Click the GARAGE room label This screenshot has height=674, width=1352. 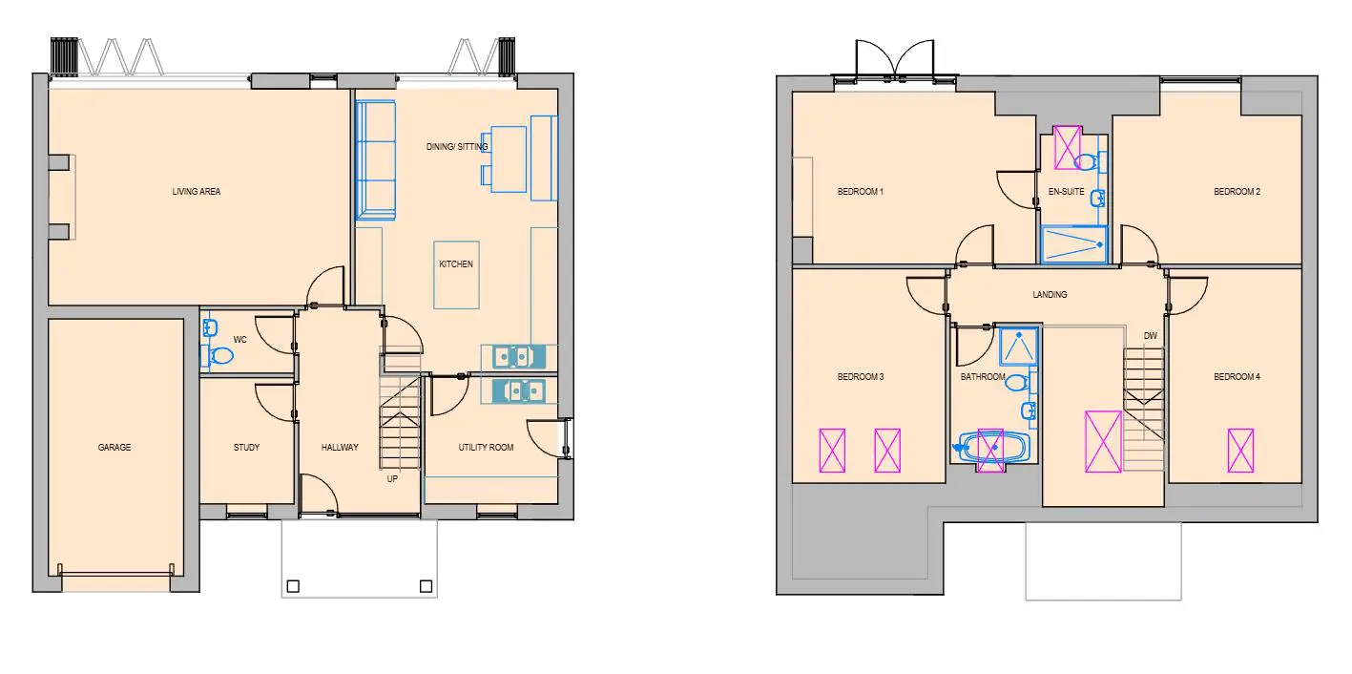114,448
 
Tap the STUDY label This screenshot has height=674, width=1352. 246,448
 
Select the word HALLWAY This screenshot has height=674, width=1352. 340,448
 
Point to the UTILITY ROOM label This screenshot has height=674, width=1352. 486,448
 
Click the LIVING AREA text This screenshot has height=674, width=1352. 197,192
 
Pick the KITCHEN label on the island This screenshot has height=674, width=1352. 456,263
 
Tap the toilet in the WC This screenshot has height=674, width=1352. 218,356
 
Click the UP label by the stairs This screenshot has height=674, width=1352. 392,479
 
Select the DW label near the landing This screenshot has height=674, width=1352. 1151,336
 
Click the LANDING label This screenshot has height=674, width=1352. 1050,295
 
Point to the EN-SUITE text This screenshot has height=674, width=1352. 1066,192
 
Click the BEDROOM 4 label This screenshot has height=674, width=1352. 1237,377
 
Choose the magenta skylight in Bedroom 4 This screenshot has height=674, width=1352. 1241,451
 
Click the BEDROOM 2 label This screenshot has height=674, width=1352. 1237,192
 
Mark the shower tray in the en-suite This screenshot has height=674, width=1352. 1073,244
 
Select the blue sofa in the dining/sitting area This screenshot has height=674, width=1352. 375,160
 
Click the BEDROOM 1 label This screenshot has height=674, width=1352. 860,192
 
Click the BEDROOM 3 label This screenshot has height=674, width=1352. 860,377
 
